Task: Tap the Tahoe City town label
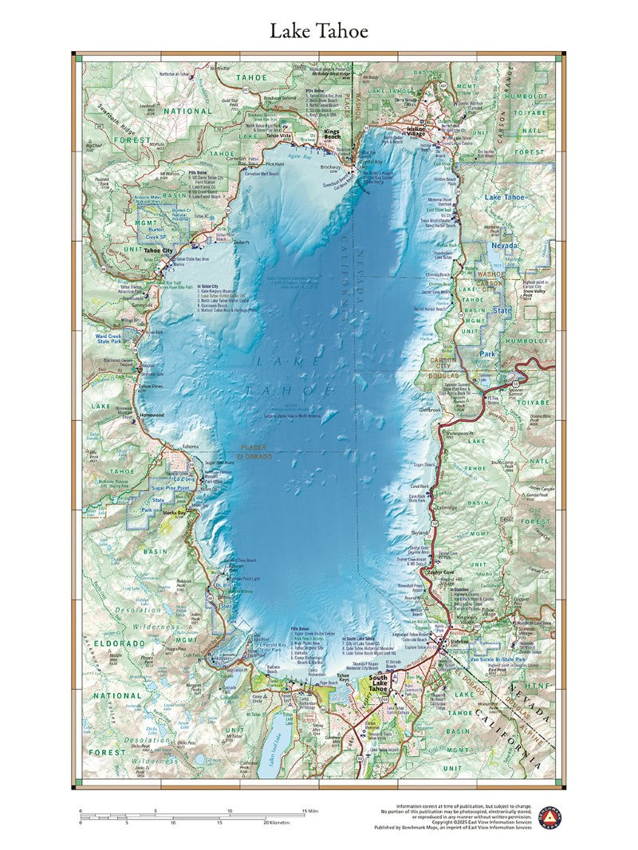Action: click(157, 250)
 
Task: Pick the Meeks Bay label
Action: click(173, 513)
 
